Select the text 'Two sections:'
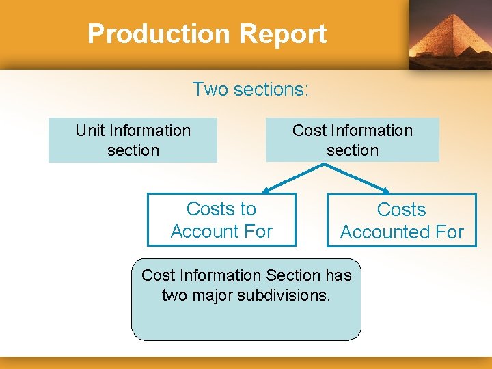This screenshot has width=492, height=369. point(251,90)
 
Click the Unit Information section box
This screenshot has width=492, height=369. point(133,140)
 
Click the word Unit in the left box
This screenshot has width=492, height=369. point(90,131)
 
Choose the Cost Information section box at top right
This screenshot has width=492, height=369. point(352,140)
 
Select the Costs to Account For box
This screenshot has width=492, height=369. point(221,219)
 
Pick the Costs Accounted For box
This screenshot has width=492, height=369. point(401,220)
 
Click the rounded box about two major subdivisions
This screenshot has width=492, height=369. point(246,299)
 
